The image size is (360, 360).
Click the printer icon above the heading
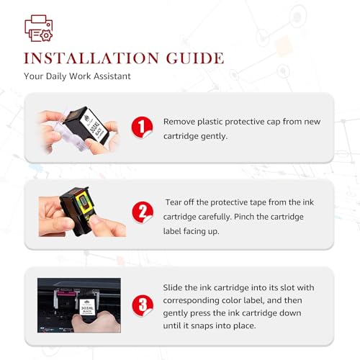point(38,28)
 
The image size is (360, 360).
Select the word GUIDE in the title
point(195,58)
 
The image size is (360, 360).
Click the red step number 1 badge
point(142,127)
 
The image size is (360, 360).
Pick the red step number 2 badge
point(143,212)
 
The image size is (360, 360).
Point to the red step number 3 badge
point(143,305)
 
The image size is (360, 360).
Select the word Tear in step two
point(173,202)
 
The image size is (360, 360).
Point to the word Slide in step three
point(173,287)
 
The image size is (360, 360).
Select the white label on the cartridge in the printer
point(86,307)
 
